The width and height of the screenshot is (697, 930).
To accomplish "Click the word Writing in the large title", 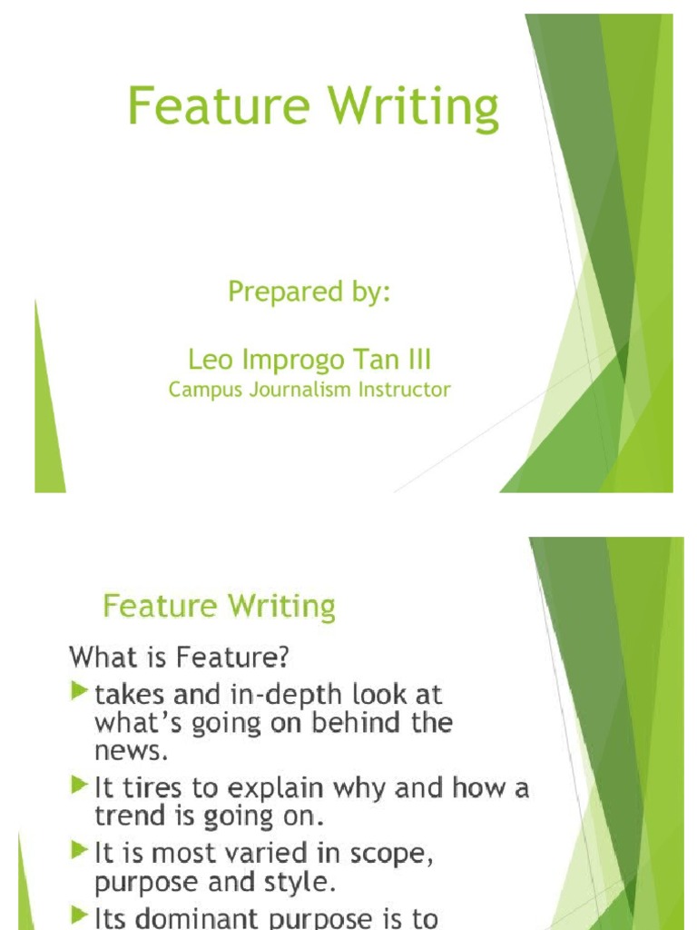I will (414, 107).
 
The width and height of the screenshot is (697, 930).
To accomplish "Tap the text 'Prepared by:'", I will (309, 292).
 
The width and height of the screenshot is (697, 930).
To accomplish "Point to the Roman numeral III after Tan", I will (416, 361).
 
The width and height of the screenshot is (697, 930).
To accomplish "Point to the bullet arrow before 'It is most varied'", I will (80, 851).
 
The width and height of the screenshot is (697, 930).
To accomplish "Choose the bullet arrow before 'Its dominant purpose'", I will (80, 917).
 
